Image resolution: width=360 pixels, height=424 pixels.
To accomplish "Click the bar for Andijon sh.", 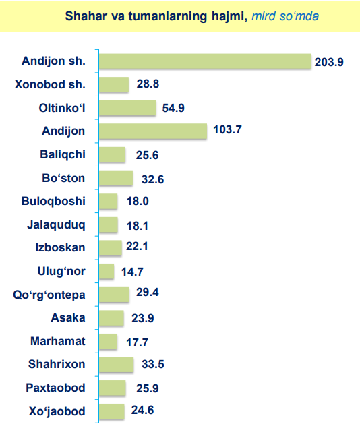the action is [x=206, y=61].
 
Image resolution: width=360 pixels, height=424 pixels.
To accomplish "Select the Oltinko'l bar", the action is [x=127, y=108].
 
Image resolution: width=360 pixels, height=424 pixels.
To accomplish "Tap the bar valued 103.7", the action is [x=153, y=131].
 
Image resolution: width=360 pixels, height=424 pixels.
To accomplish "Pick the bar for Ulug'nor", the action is [x=107, y=271].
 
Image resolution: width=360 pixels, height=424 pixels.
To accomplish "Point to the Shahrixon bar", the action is [x=117, y=365].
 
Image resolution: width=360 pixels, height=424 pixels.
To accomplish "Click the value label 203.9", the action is [x=329, y=62].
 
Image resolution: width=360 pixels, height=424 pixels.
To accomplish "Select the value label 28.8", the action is [x=148, y=84].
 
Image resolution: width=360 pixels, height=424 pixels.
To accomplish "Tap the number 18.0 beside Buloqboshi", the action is [x=138, y=201].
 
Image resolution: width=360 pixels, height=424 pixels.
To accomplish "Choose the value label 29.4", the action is [x=148, y=292].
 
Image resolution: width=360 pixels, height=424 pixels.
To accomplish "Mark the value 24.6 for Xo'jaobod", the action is [x=142, y=410].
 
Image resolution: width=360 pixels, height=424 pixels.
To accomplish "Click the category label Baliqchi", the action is [x=63, y=154].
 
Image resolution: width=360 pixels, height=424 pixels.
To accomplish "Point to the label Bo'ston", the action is [x=63, y=178].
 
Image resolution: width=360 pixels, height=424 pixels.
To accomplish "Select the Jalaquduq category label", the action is [x=56, y=225].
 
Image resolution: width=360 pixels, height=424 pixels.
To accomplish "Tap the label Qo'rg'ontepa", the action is [x=49, y=295].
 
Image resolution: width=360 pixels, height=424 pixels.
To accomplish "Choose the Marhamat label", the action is [x=58, y=341].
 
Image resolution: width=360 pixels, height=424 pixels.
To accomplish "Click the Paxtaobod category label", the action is [x=55, y=388].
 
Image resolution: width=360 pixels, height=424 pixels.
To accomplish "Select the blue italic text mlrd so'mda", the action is [x=285, y=16].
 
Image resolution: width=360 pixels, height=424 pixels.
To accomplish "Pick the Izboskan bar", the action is [x=111, y=248].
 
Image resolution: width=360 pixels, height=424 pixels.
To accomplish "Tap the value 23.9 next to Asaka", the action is [x=142, y=318].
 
